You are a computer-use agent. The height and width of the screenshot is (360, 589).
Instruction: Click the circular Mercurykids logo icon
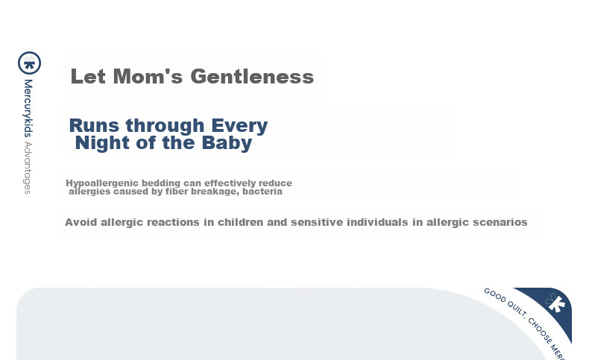click(x=29, y=63)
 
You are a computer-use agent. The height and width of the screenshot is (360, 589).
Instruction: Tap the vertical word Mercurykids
click(x=28, y=108)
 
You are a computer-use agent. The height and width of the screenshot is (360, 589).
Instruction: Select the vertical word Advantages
click(x=28, y=168)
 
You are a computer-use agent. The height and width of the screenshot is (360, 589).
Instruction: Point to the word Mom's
click(x=148, y=76)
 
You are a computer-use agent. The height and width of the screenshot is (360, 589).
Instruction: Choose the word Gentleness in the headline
click(x=252, y=77)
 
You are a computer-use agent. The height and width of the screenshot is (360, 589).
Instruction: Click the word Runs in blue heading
click(x=94, y=125)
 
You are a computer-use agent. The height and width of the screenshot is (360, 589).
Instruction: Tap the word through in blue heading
click(x=165, y=126)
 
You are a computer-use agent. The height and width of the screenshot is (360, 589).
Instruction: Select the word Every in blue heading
click(x=239, y=126)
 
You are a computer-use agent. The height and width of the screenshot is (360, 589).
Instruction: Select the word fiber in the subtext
click(x=175, y=192)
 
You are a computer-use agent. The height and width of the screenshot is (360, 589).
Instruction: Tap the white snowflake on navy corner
click(x=555, y=303)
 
